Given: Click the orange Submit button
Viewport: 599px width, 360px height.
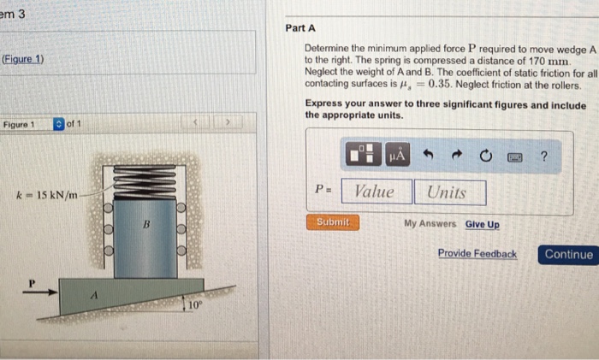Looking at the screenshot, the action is click(333, 222).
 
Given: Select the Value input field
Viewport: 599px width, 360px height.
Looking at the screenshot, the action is click(377, 192).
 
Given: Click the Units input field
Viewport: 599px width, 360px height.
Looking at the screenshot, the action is click(450, 192).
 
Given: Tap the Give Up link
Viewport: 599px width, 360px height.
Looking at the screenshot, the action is click(482, 225).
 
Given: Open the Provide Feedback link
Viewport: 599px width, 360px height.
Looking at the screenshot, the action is click(477, 253).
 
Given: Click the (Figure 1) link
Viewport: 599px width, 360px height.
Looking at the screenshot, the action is click(23, 59).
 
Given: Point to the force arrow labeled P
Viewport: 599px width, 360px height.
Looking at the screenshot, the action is click(40, 292).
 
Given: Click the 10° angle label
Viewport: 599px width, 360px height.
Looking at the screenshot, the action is click(195, 304).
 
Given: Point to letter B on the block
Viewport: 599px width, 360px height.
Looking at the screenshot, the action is click(146, 224).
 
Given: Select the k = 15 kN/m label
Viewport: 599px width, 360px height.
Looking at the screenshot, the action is click(46, 196).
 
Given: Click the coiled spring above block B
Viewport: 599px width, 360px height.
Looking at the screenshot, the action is click(145, 182).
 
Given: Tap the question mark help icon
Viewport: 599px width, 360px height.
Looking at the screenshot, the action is click(544, 156).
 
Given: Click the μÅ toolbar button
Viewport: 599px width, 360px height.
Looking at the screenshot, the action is click(397, 155).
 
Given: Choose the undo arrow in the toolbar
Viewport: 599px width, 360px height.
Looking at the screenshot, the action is click(428, 155).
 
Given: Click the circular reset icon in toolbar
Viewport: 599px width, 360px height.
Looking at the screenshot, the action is click(485, 156).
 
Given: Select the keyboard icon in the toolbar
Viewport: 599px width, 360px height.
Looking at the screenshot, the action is click(514, 156).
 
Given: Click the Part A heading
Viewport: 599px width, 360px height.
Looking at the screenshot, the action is click(300, 28).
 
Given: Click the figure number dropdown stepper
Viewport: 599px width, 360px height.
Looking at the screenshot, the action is click(59, 124).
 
